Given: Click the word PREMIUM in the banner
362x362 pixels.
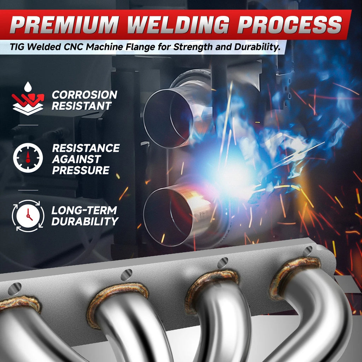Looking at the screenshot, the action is [64, 24].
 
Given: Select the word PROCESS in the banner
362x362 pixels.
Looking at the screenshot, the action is [290, 24].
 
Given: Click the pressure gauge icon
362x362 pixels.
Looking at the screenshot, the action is [28, 158].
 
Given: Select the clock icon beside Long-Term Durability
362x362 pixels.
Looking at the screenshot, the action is [28, 216].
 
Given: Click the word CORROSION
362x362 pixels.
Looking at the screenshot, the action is [84, 95].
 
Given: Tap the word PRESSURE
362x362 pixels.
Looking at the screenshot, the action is [81, 170].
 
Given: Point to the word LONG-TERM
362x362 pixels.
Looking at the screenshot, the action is [84, 210].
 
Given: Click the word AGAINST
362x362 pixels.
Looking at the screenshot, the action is [76, 159].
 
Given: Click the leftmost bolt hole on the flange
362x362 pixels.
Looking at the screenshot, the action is [14, 288].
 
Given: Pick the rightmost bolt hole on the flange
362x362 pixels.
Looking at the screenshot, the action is [308, 251].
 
